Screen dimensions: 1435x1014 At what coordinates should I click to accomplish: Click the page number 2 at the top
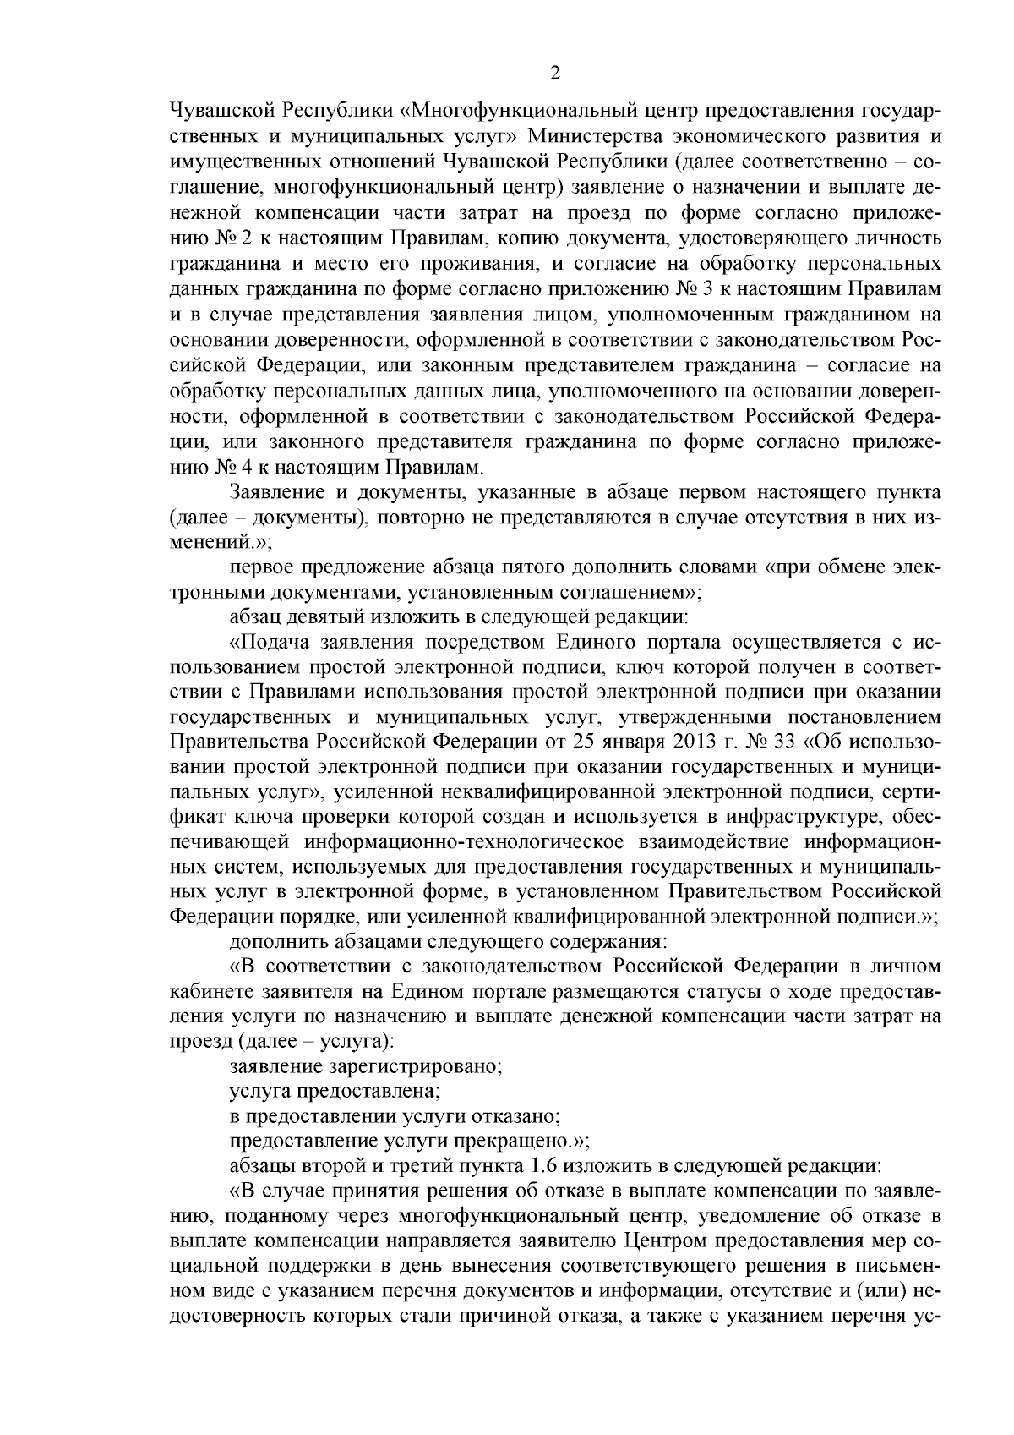(x=555, y=74)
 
